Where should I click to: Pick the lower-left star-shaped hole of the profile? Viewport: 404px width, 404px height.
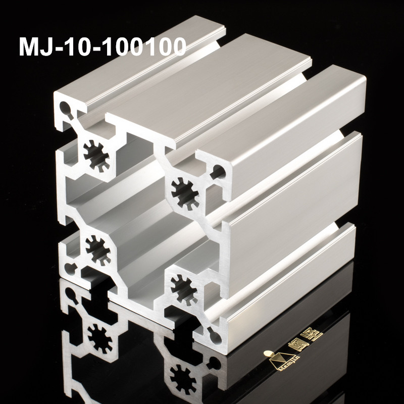click(x=97, y=248)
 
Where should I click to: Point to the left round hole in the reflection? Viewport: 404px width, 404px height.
click(x=70, y=295)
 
